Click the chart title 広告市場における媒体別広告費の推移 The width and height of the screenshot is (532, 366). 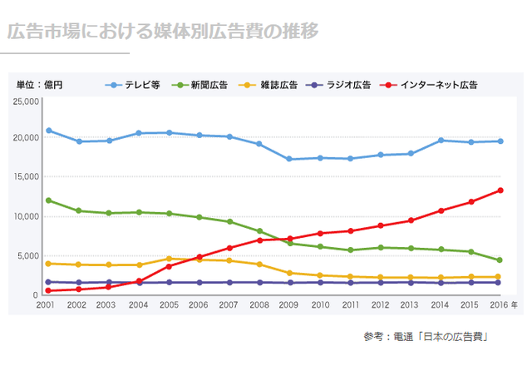point(163,32)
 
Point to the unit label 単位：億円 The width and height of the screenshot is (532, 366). point(39,85)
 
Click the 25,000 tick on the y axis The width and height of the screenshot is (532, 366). point(27,101)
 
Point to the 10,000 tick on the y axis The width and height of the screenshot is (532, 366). point(27,216)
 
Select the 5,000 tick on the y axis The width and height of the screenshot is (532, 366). point(30,255)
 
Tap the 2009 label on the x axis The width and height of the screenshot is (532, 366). point(290,305)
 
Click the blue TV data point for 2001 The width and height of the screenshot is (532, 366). point(48,131)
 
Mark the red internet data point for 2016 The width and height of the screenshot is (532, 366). point(500,190)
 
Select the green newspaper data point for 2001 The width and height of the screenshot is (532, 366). point(48,200)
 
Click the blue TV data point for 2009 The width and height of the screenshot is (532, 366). point(289,159)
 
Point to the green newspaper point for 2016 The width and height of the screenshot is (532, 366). point(500,260)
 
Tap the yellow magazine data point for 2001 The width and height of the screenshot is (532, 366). point(48,264)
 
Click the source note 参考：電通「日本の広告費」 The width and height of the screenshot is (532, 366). point(425,336)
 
